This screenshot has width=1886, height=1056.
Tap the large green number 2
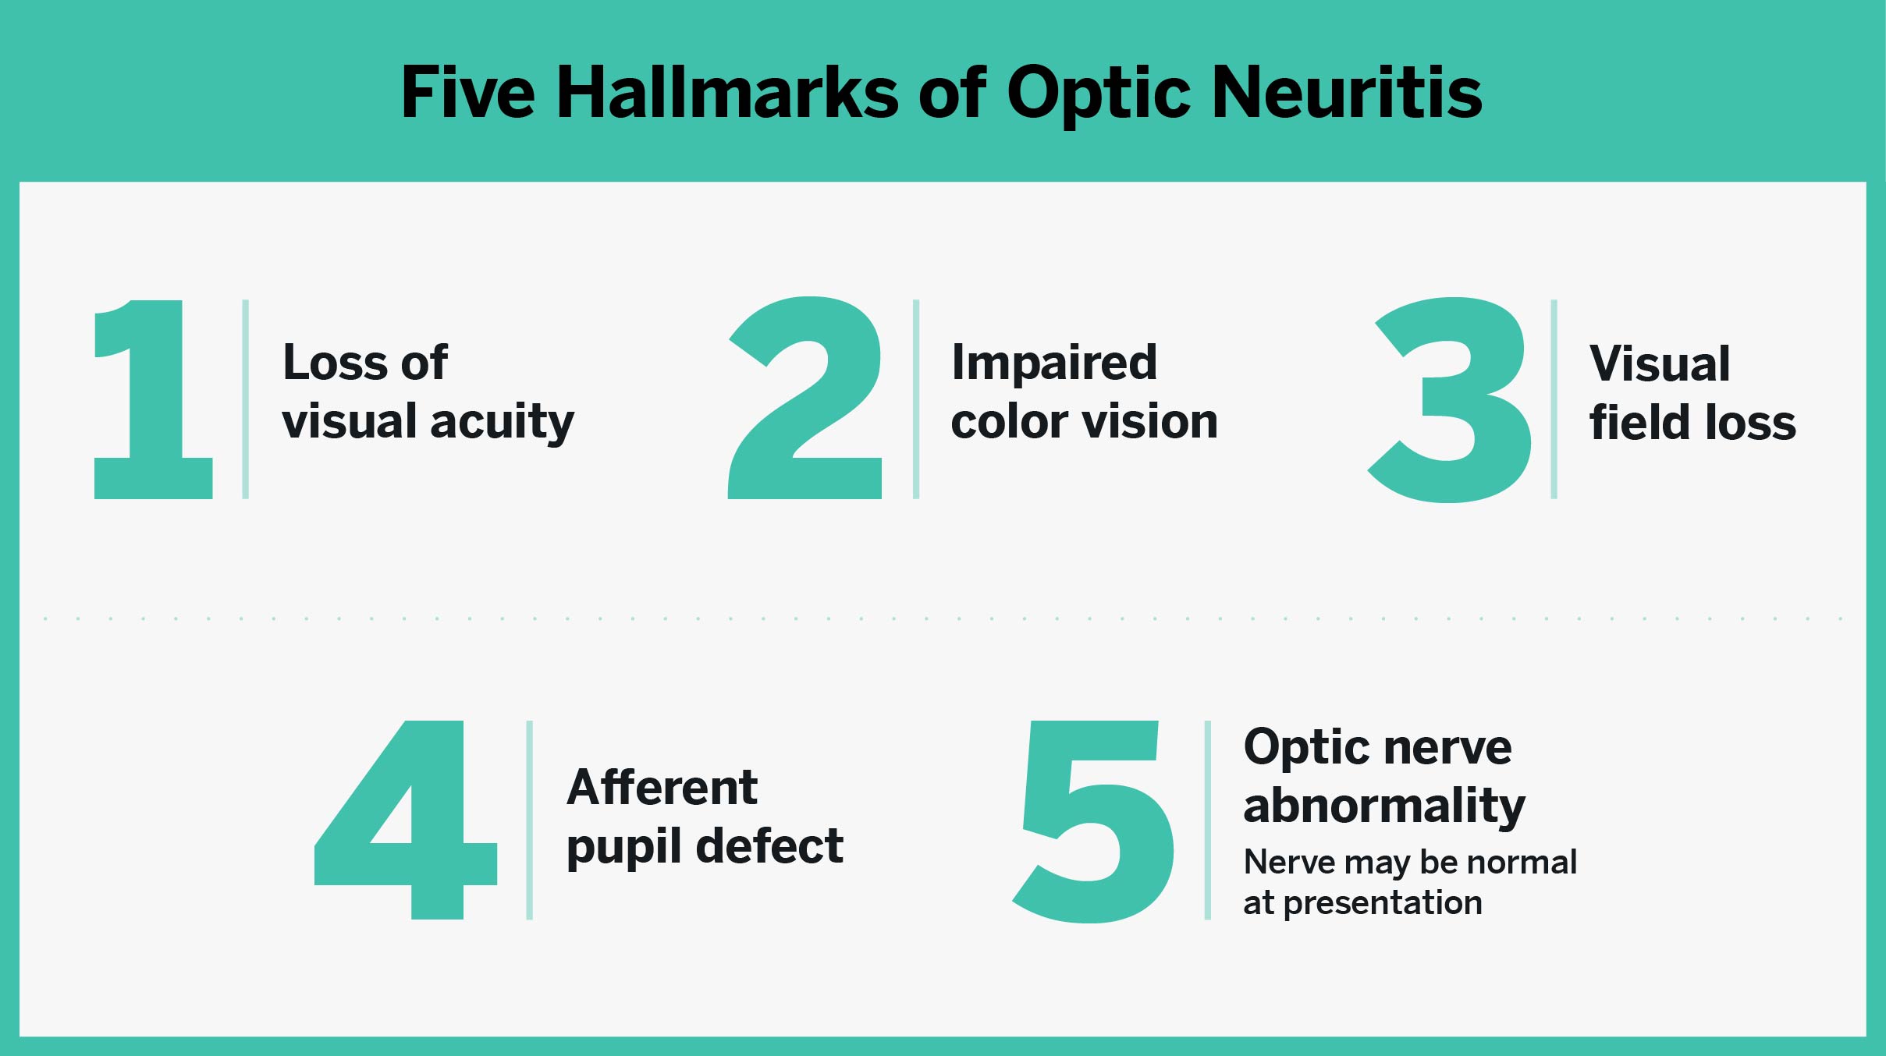pos(805,398)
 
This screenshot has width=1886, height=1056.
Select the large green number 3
pos(1450,399)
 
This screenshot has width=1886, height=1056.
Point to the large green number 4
pos(406,819)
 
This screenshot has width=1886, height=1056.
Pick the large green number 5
pos(1094,821)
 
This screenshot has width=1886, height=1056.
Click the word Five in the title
pos(468,93)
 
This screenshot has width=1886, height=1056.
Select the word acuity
pos(503,423)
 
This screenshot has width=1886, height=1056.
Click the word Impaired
pos(1054,363)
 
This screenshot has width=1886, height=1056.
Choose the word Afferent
pos(662,787)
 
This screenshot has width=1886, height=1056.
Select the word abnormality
pos(1384,806)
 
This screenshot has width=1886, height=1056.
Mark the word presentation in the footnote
pos(1383,904)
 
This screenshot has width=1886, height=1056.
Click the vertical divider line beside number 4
pos(530,820)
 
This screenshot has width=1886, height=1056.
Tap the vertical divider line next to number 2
pos(916,399)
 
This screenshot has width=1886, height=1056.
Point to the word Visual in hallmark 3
pos(1660,363)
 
